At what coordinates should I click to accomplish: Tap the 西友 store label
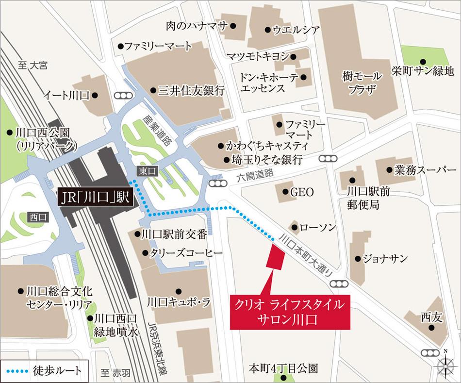[431, 318]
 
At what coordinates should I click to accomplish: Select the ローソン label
[317, 227]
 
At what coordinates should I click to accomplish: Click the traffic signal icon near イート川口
[121, 96]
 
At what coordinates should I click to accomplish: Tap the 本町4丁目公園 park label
[282, 369]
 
